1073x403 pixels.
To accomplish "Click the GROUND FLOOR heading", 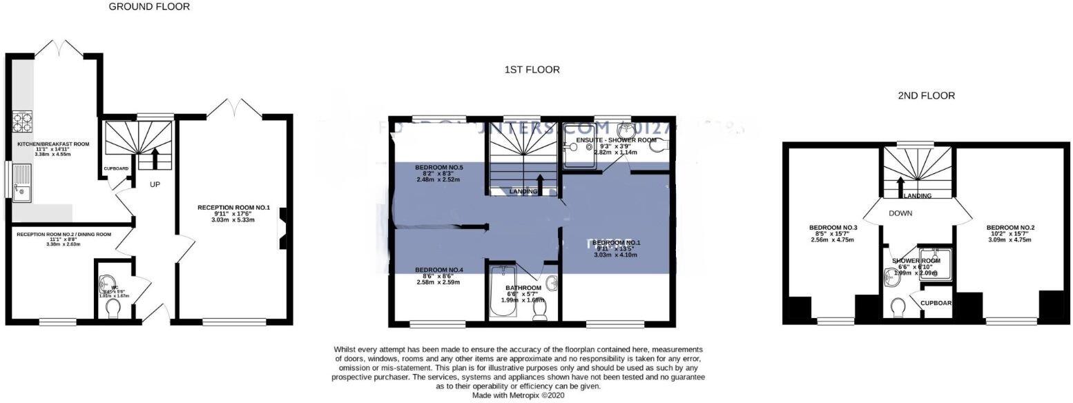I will [x=149, y=7].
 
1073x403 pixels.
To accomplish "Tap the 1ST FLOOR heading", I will [x=532, y=70].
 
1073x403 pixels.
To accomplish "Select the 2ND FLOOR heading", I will [x=926, y=96].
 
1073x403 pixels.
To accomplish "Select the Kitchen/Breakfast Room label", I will [x=53, y=144].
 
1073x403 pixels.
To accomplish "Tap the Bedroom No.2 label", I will [x=1010, y=228].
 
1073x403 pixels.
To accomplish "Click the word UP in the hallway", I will [x=155, y=185].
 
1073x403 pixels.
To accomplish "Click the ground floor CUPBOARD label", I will [x=116, y=168].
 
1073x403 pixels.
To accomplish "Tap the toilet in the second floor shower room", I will [x=898, y=306].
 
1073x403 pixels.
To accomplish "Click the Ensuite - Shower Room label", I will [x=606, y=140].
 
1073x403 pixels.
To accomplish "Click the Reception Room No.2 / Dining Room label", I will [x=64, y=235].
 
